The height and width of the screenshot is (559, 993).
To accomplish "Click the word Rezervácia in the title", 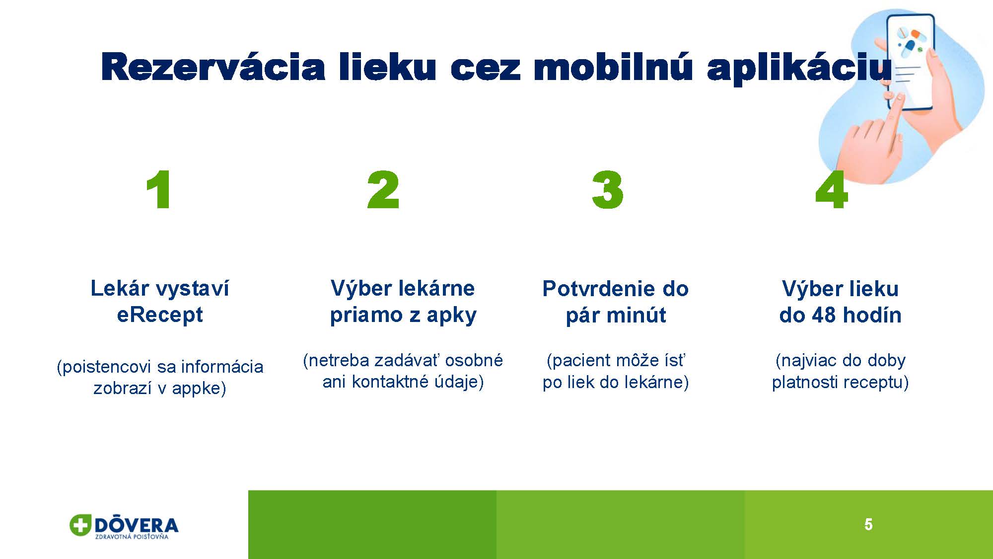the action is click(213, 67).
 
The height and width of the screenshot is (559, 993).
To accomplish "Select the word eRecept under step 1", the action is click(160, 315).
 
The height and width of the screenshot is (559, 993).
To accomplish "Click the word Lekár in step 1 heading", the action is click(120, 288).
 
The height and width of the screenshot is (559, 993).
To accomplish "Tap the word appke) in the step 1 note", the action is click(199, 389).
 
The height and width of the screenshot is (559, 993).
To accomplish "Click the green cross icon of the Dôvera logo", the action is click(80, 525).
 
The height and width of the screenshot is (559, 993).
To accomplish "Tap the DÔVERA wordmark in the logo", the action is click(136, 525).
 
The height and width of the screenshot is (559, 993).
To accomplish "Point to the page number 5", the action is click(868, 525).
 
